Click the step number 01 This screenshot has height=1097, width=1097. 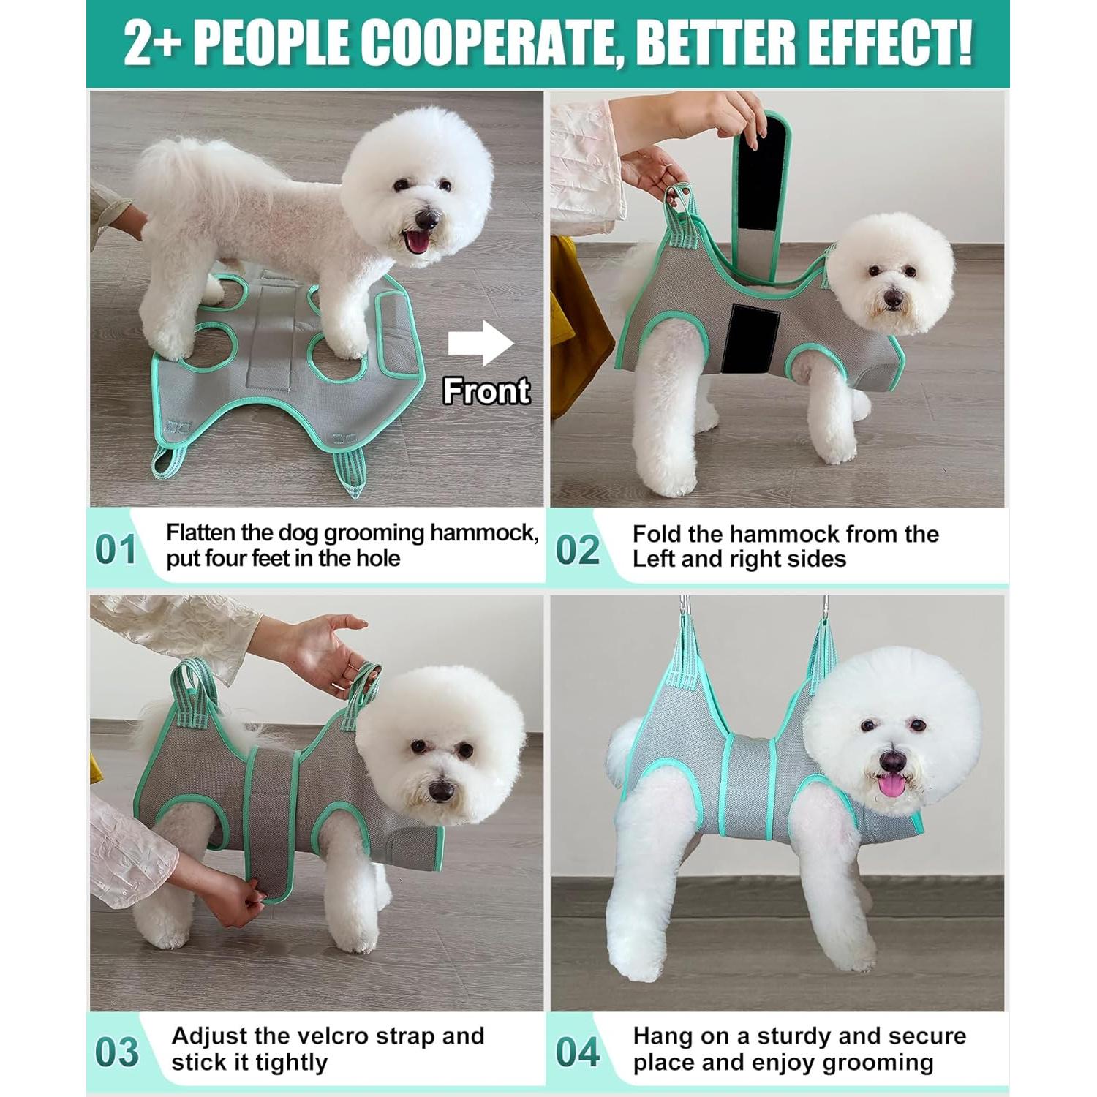click(x=116, y=550)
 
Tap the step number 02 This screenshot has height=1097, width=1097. click(x=577, y=550)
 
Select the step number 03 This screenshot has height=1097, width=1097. click(x=116, y=1052)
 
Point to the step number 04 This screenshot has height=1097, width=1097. click(x=577, y=1052)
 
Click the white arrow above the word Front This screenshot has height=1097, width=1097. click(x=480, y=343)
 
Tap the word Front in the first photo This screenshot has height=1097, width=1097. click(x=486, y=391)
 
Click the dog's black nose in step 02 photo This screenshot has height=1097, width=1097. click(x=892, y=298)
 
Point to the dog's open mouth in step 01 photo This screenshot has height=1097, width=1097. click(x=418, y=241)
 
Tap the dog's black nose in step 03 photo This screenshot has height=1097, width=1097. click(x=441, y=791)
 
